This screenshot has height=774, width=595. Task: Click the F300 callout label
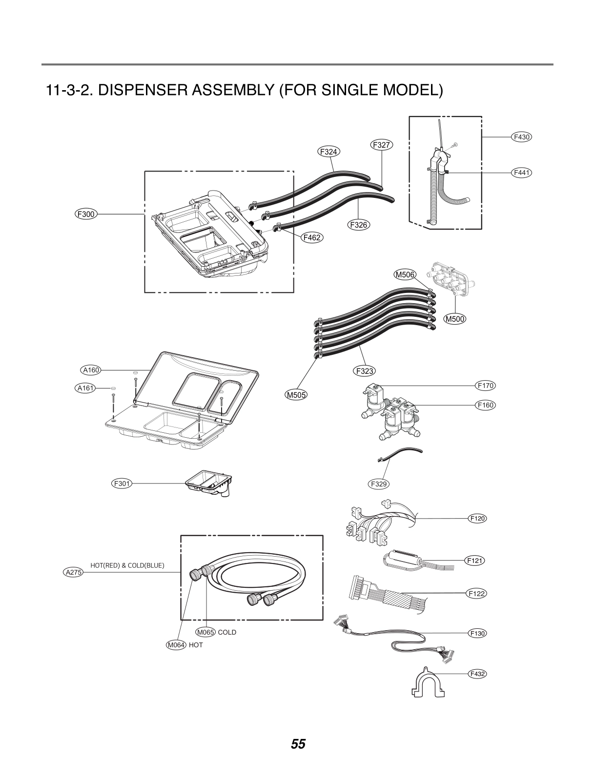pyautogui.click(x=86, y=213)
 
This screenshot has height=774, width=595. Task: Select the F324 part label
pyautogui.click(x=329, y=152)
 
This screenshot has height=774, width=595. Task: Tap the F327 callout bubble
pyautogui.click(x=382, y=145)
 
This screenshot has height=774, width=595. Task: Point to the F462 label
pyautogui.click(x=312, y=238)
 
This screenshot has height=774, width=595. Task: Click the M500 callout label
pyautogui.click(x=455, y=319)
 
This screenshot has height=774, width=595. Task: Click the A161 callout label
pyautogui.click(x=86, y=388)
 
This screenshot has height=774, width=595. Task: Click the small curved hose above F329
pyautogui.click(x=401, y=453)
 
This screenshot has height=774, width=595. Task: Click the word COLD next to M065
pyautogui.click(x=227, y=632)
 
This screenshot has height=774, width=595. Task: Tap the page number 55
pyautogui.click(x=298, y=744)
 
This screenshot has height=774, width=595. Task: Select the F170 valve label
pyautogui.click(x=486, y=386)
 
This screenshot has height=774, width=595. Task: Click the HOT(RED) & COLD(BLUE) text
pyautogui.click(x=127, y=565)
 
